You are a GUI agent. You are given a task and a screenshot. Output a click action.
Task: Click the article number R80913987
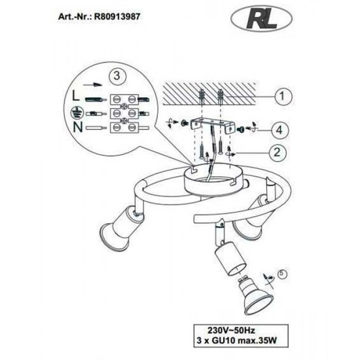(117, 16)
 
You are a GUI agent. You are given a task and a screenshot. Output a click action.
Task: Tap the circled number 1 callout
(283, 96)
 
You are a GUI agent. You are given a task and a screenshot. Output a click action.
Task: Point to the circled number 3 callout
(117, 75)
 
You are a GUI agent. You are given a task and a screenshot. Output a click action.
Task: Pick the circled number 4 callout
(280, 130)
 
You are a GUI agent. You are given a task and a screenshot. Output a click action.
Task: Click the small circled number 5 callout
(282, 274)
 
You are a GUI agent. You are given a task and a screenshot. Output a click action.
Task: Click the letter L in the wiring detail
(76, 96)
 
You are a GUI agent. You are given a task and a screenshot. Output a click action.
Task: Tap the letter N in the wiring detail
(78, 128)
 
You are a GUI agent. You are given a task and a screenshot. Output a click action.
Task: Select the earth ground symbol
(75, 113)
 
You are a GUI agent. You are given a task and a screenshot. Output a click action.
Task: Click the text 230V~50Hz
(231, 330)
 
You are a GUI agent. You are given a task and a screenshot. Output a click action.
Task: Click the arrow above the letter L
(93, 85)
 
